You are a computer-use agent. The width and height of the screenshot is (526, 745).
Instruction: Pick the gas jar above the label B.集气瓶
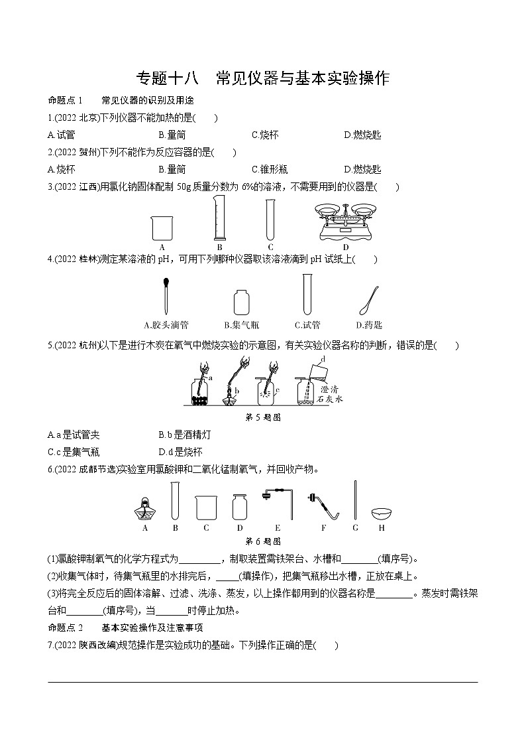tap(240, 302)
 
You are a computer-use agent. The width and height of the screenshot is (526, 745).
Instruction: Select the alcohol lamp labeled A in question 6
tap(145, 508)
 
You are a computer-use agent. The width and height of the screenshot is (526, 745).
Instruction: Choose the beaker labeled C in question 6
tap(206, 508)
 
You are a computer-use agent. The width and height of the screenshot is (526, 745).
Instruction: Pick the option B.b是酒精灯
tap(184, 435)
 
